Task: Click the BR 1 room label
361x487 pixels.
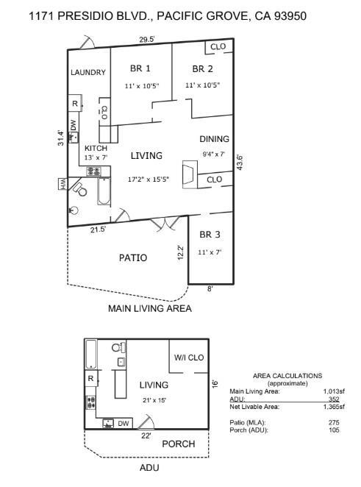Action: click(x=140, y=69)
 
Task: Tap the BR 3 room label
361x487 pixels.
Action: click(x=210, y=235)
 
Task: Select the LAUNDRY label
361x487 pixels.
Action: click(x=88, y=73)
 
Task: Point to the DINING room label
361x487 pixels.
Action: click(x=215, y=139)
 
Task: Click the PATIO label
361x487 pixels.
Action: click(x=133, y=257)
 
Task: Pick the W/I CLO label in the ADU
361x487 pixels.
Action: click(x=189, y=358)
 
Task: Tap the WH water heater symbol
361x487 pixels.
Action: click(x=63, y=183)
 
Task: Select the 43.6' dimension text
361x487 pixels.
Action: click(x=240, y=162)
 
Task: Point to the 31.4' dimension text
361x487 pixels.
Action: click(x=61, y=138)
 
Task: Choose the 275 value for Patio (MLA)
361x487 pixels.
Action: click(x=335, y=422)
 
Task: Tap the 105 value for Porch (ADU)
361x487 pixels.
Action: click(x=335, y=430)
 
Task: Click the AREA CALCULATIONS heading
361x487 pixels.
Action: click(x=287, y=376)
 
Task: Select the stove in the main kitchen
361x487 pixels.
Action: click(x=93, y=171)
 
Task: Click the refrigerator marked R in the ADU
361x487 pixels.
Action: click(x=90, y=379)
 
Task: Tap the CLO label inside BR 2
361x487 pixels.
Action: click(x=218, y=47)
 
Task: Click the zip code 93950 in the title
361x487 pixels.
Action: click(x=286, y=15)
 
